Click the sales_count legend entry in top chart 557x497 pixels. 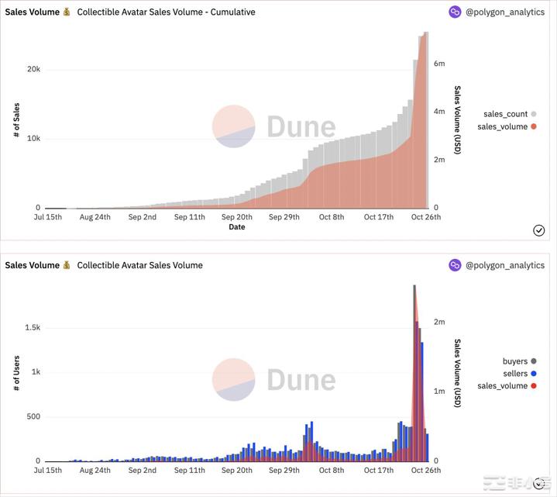coord(505,114)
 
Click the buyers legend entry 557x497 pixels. coord(515,361)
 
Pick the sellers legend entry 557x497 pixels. coord(515,374)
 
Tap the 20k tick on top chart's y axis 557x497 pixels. coord(33,69)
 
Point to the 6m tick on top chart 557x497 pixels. coord(439,64)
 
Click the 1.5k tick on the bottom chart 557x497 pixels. coord(32,327)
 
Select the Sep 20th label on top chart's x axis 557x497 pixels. coord(236,217)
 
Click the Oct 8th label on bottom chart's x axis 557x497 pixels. coord(332,470)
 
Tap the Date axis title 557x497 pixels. coord(236,227)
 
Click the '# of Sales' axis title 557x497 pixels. coord(16,120)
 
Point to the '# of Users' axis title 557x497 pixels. coord(16,373)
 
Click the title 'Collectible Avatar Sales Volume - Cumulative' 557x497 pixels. coord(166,12)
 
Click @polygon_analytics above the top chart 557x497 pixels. coord(504,12)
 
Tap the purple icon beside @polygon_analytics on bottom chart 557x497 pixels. coord(455,265)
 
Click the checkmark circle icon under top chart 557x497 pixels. coord(539,230)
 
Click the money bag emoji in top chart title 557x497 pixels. coord(67,12)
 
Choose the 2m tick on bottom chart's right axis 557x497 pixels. coord(439,322)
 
